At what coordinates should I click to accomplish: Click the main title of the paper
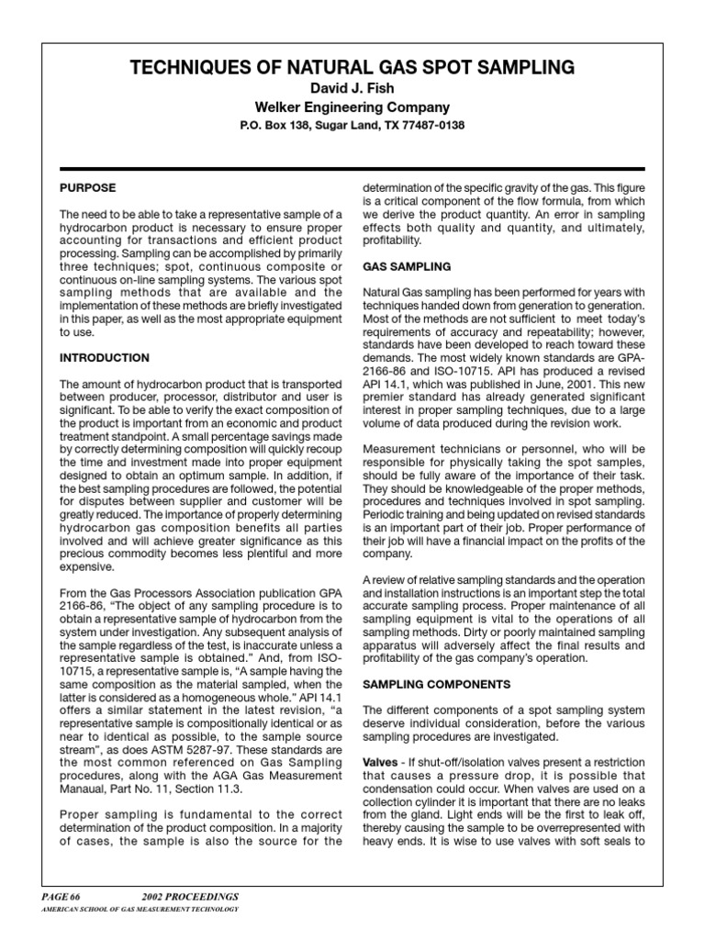(352, 67)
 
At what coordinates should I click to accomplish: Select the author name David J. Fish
(352, 88)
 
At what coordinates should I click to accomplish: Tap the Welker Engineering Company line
(352, 106)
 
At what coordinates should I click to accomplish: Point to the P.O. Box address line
(352, 125)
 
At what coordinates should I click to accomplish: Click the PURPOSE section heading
(88, 187)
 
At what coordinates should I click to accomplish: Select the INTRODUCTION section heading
(105, 357)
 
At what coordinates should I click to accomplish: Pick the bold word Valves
(380, 763)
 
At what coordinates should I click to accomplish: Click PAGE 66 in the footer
(62, 894)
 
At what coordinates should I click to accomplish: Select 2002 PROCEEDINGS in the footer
(188, 894)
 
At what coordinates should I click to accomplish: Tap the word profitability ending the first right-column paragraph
(392, 241)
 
